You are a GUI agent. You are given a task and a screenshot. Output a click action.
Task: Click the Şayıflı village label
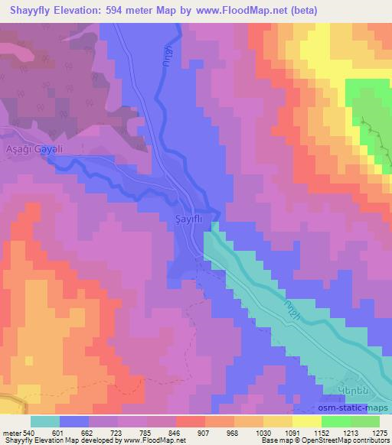click(183, 220)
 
